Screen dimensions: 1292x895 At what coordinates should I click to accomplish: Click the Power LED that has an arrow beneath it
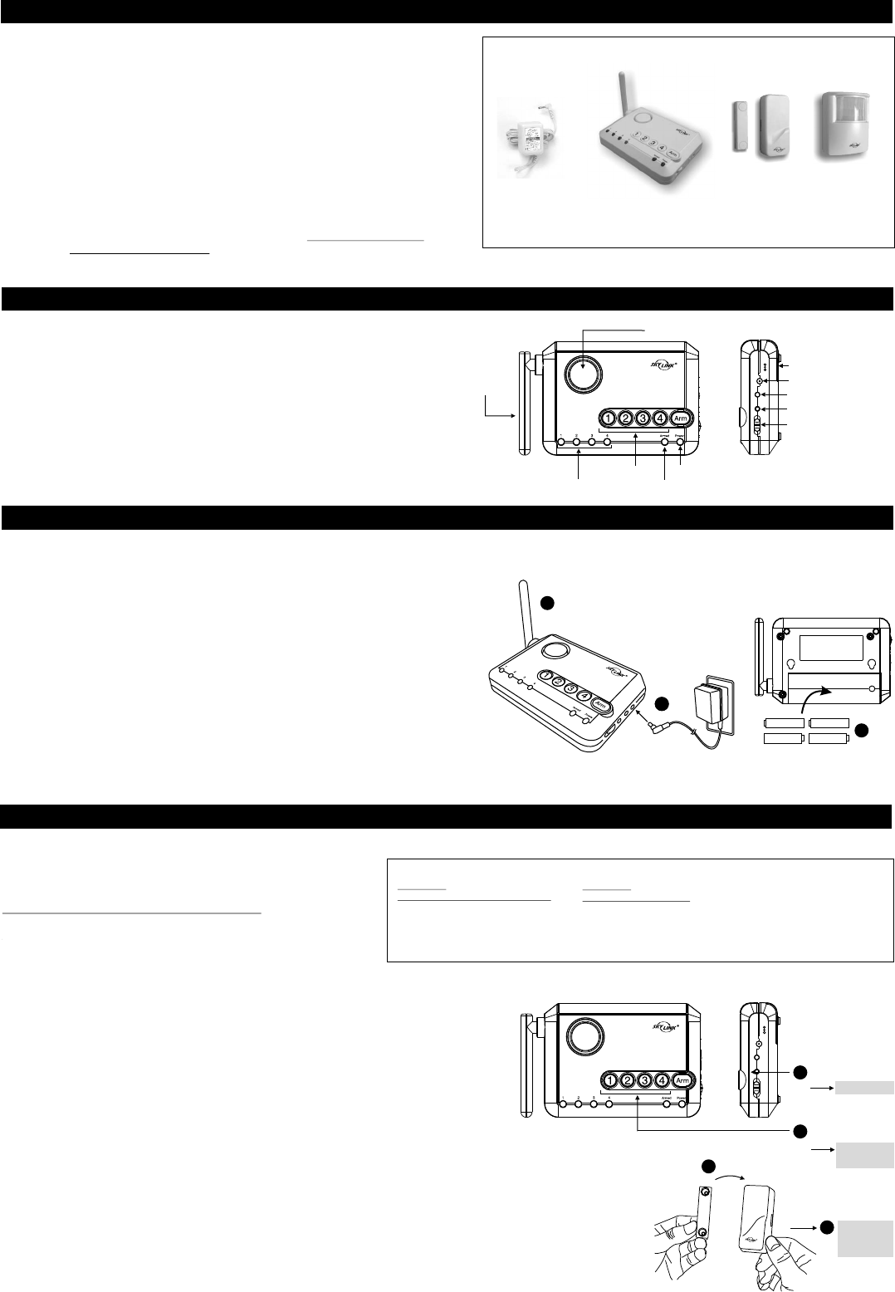tap(681, 443)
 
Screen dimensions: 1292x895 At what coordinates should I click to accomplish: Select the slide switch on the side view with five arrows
tap(757, 428)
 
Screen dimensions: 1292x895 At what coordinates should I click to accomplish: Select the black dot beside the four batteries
tap(862, 730)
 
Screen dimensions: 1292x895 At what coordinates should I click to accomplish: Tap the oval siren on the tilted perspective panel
tap(556, 649)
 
